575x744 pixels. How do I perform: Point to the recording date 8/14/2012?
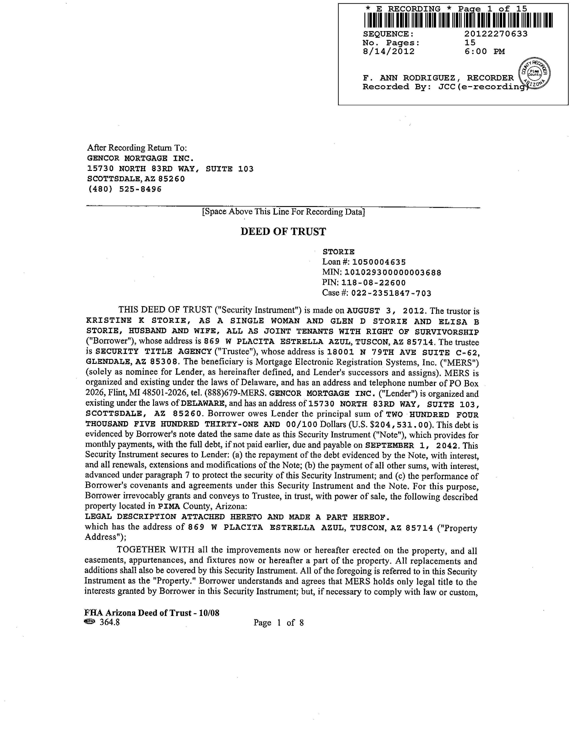coord(389,51)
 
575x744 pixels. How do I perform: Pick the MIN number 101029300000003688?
coord(393,273)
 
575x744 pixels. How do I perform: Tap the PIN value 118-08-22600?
coord(373,283)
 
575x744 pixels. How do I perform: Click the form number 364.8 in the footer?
coord(109,623)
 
